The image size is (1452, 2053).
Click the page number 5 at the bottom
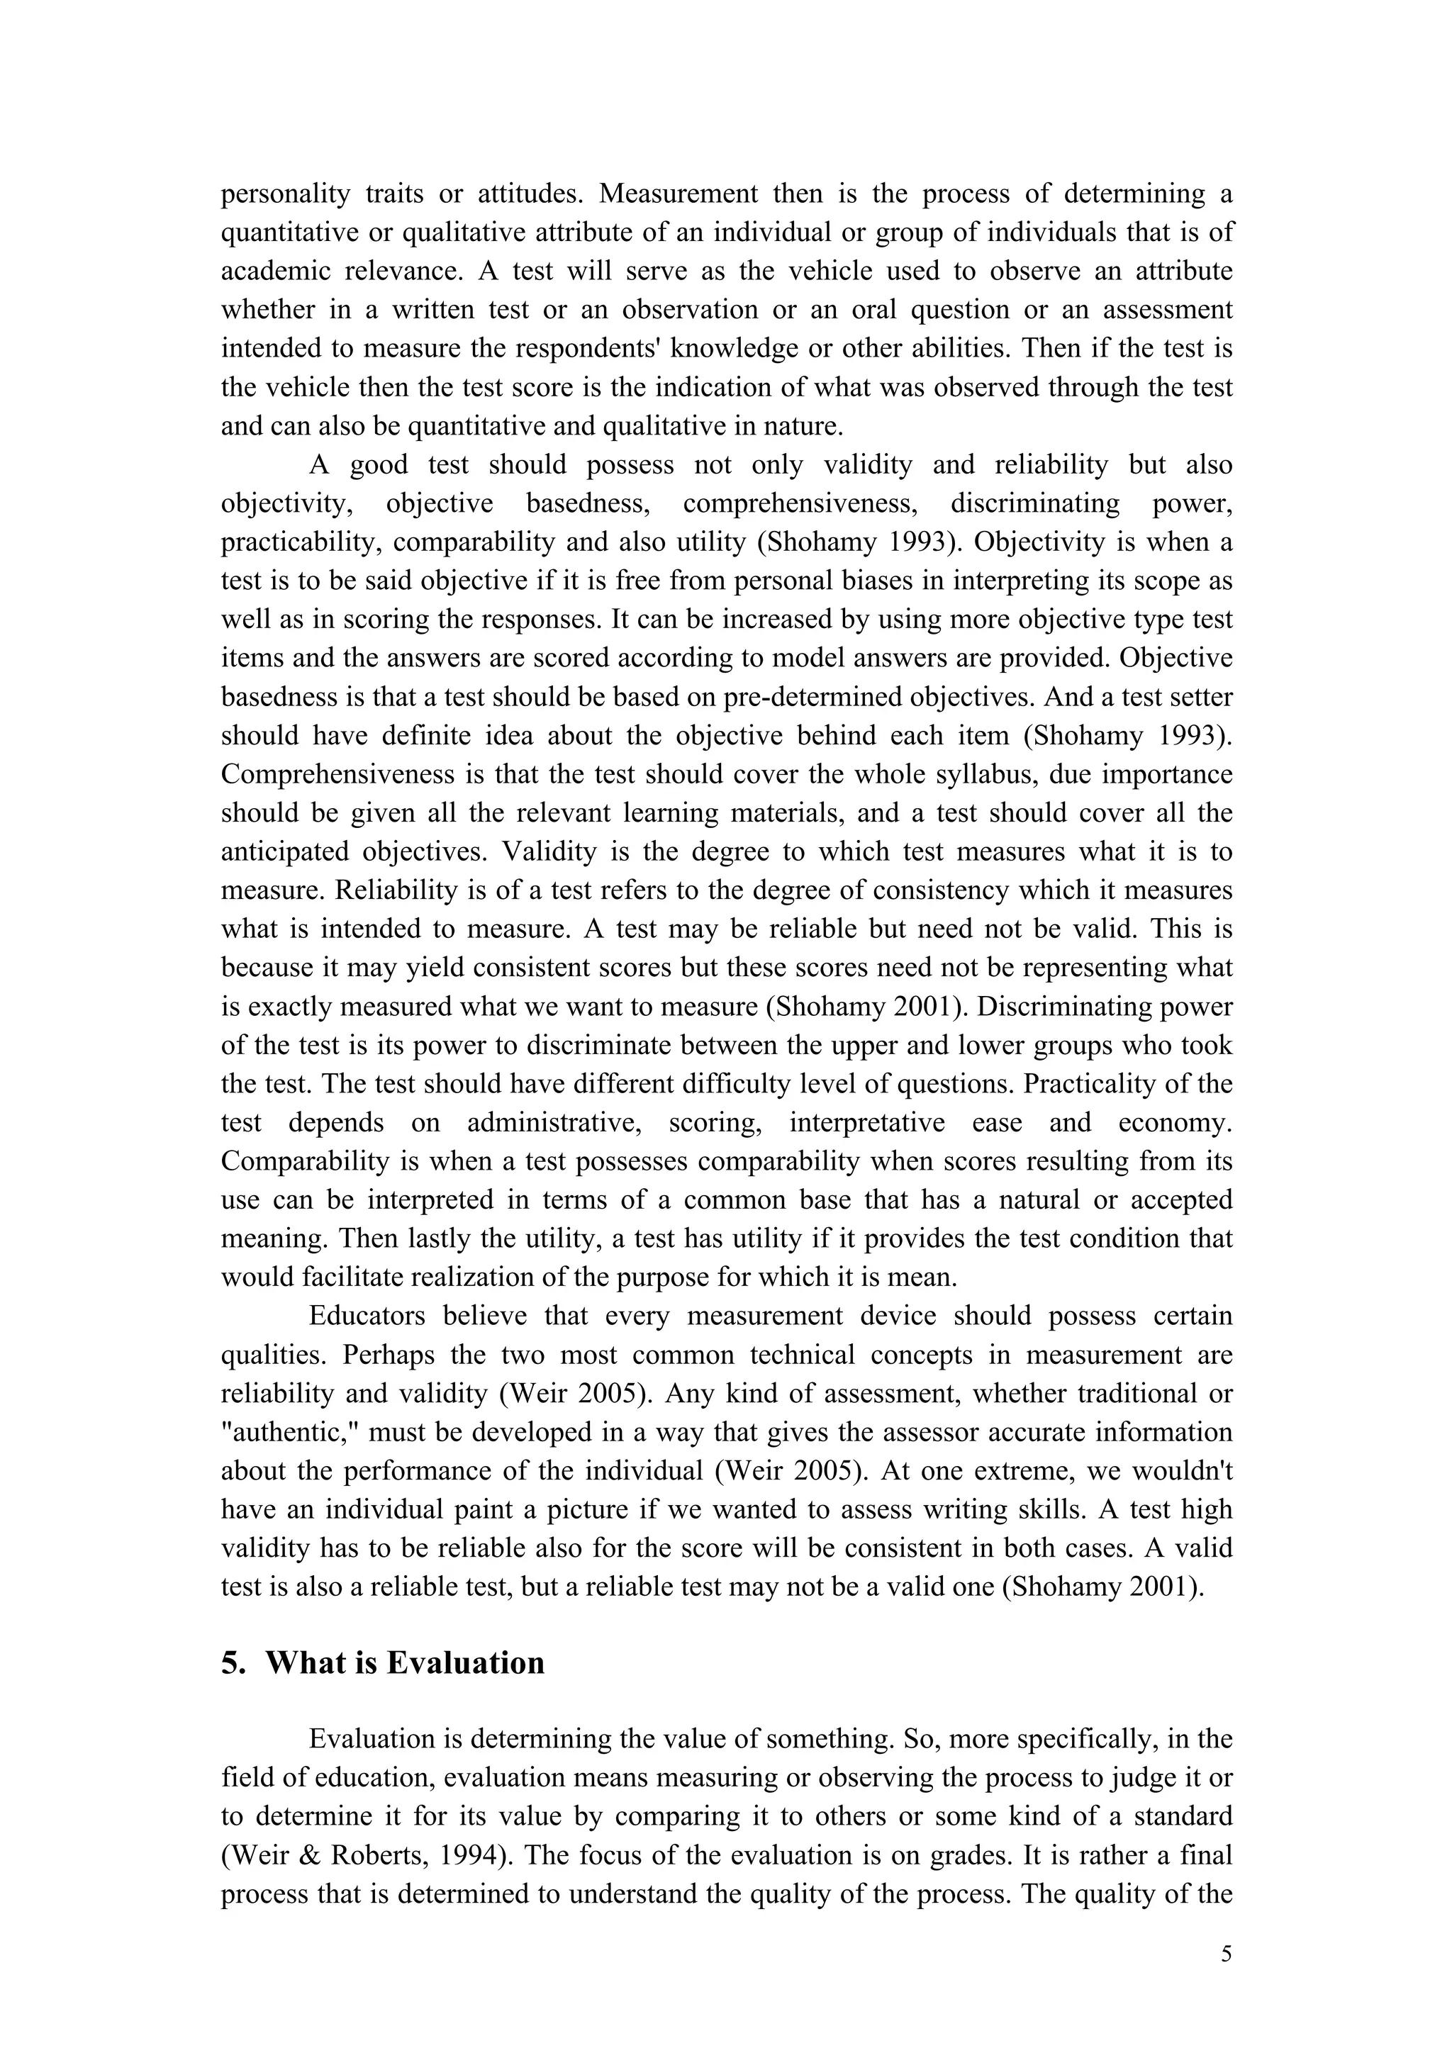coord(1226,1954)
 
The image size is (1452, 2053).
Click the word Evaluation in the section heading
coord(465,1662)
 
